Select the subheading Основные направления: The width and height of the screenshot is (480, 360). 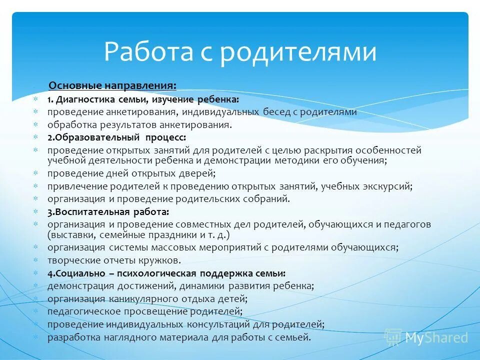112,86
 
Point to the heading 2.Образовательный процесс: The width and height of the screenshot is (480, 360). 117,136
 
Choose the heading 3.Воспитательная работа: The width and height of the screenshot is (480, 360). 108,211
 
